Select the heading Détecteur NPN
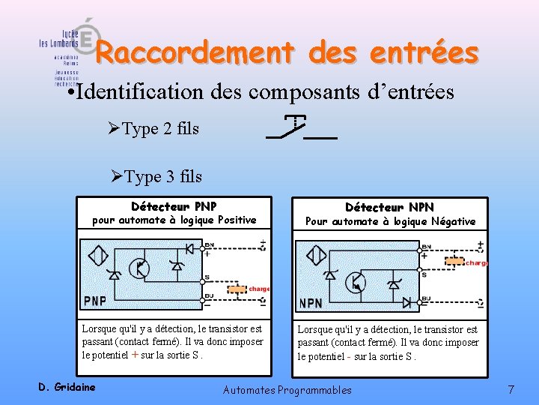click(389, 207)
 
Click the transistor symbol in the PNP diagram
click(139, 268)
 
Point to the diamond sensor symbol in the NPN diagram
click(315, 256)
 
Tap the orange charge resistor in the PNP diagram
click(237, 289)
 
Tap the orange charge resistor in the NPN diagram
click(454, 262)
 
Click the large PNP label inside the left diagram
click(95, 301)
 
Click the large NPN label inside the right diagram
click(311, 303)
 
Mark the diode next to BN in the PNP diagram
click(190, 248)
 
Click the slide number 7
click(511, 389)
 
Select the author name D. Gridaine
click(67, 387)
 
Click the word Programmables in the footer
click(314, 389)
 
